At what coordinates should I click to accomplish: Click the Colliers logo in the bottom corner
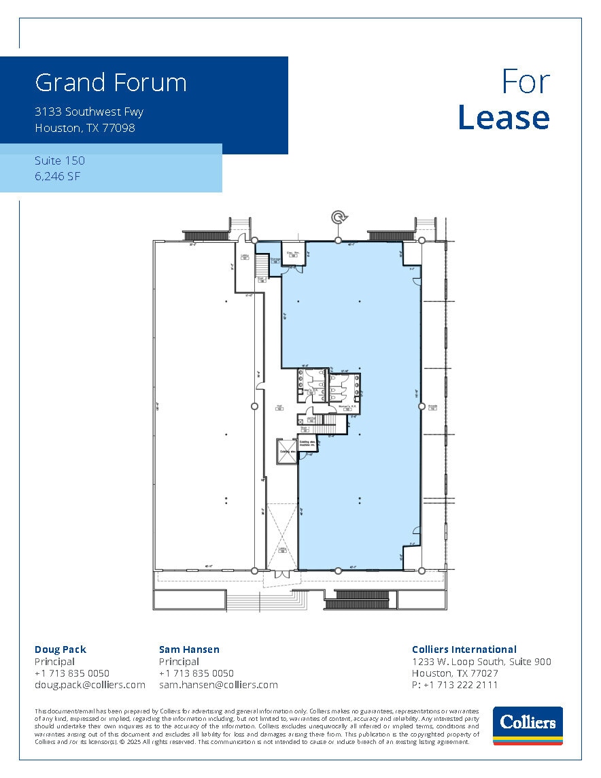point(528,726)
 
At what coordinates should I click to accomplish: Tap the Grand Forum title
point(111,83)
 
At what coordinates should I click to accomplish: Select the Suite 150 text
point(60,160)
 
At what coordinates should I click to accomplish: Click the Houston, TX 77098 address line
point(85,127)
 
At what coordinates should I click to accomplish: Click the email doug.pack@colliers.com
point(90,685)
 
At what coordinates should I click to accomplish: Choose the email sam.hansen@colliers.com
point(218,685)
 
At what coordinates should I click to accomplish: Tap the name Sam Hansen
point(189,649)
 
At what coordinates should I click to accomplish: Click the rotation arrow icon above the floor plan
point(339,217)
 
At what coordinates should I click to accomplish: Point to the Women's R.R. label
point(347,407)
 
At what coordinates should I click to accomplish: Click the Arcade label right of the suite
point(432,407)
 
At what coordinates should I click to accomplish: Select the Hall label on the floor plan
point(279,407)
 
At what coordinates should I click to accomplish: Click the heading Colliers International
point(464,649)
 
